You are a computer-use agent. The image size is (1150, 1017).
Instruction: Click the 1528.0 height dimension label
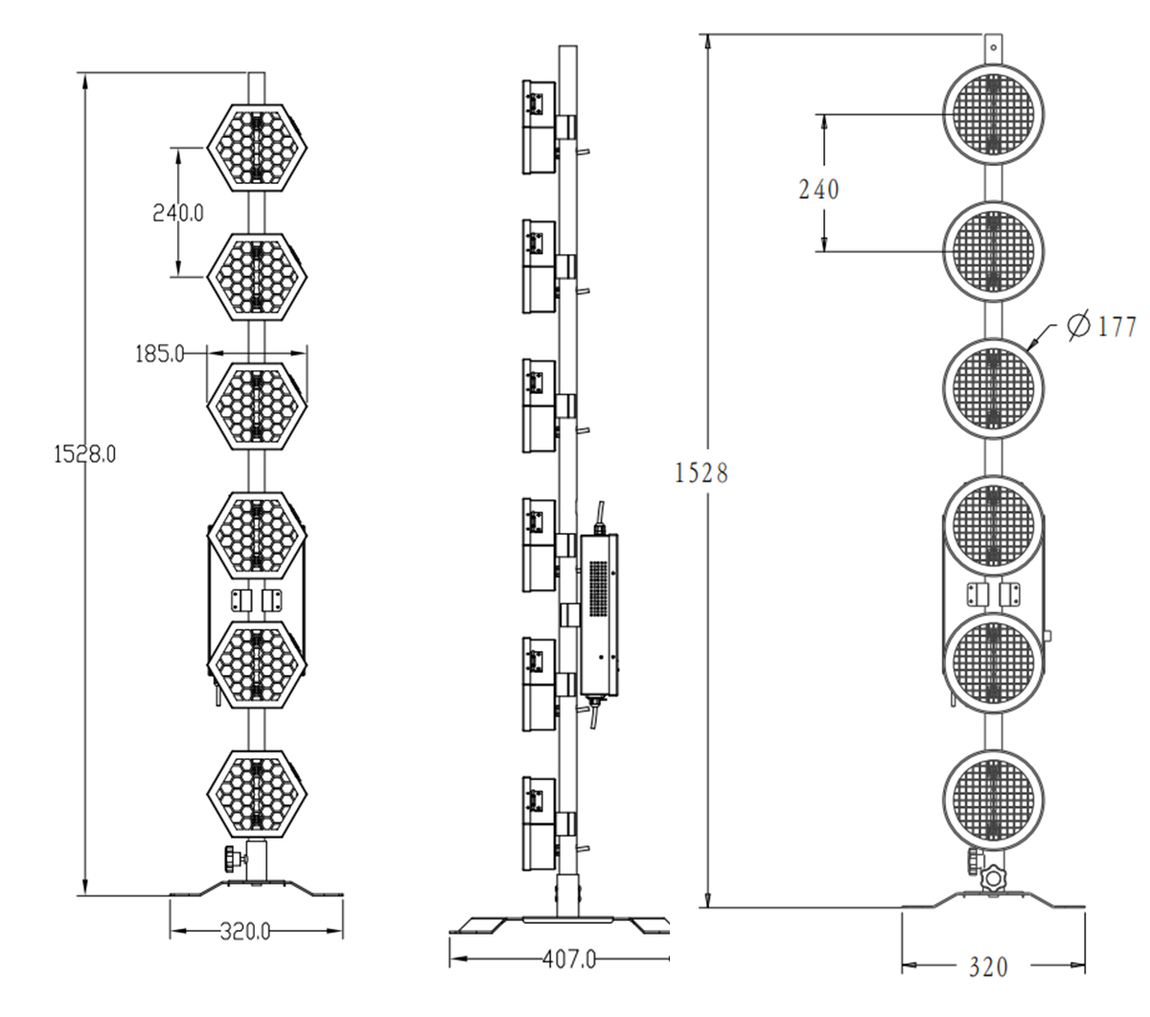[x=84, y=454]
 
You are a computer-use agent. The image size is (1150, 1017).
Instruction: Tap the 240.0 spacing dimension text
[x=178, y=213]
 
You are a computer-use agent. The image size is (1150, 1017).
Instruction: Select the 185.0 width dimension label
[x=159, y=354]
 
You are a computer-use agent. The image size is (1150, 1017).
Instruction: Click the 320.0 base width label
[x=246, y=931]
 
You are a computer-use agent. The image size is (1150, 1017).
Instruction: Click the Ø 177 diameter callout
[x=1101, y=326]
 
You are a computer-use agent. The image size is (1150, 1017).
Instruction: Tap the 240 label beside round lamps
[x=818, y=190]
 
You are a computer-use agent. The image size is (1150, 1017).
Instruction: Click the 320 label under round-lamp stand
[x=987, y=967]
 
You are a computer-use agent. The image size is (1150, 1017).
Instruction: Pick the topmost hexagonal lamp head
[x=256, y=147]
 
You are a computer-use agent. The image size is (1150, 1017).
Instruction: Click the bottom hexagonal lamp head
[x=256, y=793]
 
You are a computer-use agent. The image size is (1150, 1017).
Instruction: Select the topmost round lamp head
[x=994, y=115]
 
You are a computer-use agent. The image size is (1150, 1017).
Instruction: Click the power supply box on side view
[x=600, y=613]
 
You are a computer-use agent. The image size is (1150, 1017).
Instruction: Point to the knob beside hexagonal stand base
[x=233, y=856]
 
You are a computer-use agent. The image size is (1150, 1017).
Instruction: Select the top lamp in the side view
[x=539, y=127]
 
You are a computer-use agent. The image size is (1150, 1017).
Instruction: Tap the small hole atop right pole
[x=994, y=44]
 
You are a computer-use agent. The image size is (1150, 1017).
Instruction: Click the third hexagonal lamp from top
[x=256, y=404]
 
